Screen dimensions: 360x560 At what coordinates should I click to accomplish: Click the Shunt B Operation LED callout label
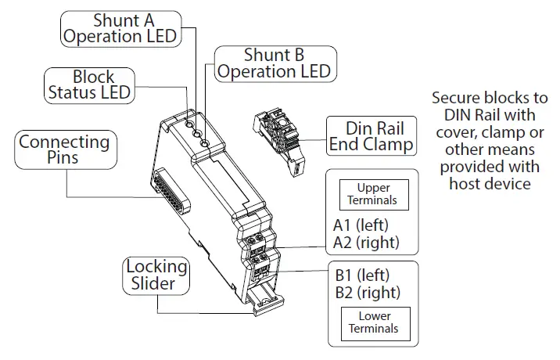click(275, 63)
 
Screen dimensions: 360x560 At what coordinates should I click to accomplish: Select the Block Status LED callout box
click(89, 85)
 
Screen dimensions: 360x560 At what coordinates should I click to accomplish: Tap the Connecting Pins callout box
click(64, 149)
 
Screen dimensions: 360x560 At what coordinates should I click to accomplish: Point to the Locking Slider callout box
click(156, 275)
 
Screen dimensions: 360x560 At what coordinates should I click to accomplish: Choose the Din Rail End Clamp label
click(371, 136)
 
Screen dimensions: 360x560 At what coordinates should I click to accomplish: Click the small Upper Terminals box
click(373, 194)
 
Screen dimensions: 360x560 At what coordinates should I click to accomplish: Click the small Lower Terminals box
click(373, 322)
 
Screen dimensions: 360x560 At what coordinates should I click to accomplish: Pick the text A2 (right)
click(366, 243)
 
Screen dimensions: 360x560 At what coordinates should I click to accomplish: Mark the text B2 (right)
click(366, 293)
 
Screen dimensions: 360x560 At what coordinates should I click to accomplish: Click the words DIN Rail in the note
click(466, 116)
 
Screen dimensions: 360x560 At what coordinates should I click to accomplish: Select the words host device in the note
click(490, 183)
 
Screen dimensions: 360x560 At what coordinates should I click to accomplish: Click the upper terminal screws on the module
click(262, 238)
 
